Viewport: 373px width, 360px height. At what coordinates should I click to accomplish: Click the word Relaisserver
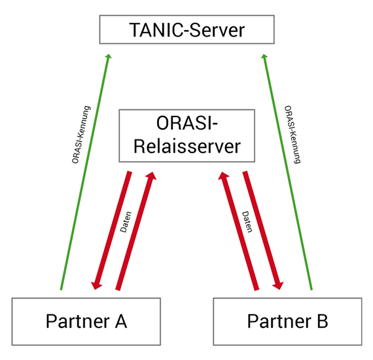pos(187,147)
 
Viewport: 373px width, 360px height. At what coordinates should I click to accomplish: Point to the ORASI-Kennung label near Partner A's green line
pos(81,135)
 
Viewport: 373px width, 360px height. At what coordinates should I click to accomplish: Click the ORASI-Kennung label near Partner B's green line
pos(293,135)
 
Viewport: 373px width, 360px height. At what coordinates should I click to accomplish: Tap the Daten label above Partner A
pos(126,222)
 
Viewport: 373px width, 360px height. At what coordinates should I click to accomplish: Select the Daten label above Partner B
pos(247,222)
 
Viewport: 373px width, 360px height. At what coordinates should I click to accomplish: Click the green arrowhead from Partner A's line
pos(108,56)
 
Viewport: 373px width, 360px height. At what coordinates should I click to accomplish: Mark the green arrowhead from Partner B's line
pos(264,56)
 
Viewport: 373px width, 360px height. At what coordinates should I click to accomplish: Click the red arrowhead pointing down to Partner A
pos(96,285)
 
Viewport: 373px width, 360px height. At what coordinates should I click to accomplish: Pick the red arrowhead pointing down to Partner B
pos(278,285)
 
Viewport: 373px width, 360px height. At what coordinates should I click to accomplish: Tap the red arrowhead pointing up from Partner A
pos(151,175)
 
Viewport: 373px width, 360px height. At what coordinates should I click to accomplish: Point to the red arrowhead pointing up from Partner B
pos(223,175)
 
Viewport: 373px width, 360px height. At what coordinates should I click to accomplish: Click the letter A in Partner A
pos(121,321)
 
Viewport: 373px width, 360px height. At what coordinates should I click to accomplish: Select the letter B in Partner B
pos(323,321)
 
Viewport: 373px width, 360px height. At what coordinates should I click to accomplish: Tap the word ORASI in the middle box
pos(185,123)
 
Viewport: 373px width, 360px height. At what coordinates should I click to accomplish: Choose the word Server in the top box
pos(217,30)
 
